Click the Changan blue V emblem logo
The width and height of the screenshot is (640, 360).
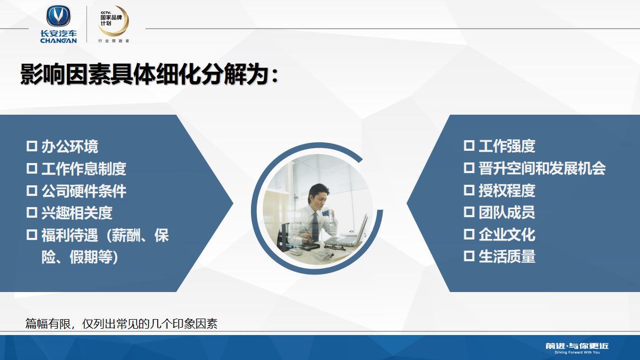[x=58, y=16]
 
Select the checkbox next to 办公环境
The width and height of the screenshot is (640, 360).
[x=32, y=146]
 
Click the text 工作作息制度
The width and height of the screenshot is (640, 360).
[x=84, y=169]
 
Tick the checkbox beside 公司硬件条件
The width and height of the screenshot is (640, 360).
[x=32, y=191]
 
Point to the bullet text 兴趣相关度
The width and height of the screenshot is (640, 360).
[x=77, y=213]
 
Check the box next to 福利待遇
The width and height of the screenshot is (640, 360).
[x=32, y=235]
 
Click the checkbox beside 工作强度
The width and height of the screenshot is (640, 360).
[x=469, y=145]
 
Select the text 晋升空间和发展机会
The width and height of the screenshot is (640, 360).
[x=542, y=168]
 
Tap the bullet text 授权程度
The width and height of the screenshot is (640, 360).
[x=507, y=191]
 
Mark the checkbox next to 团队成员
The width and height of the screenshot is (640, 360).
[x=469, y=212]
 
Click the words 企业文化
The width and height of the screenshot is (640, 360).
[x=507, y=235]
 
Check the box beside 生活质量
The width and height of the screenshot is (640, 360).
[x=469, y=256]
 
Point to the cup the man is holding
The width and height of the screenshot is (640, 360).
[x=326, y=213]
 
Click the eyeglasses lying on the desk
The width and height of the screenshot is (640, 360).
[x=334, y=247]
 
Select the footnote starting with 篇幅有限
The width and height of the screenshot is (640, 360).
[x=122, y=324]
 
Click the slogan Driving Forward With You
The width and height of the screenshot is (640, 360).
[x=577, y=353]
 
